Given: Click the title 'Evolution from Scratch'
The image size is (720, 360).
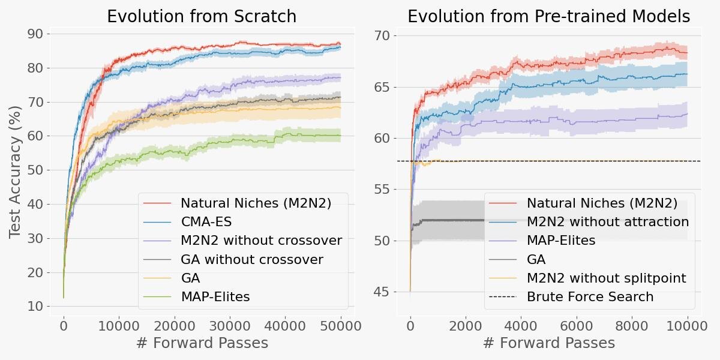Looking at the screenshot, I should pyautogui.click(x=202, y=16).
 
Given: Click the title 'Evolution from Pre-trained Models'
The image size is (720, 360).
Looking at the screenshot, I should pyautogui.click(x=548, y=16).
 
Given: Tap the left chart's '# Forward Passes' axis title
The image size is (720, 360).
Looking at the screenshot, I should pyautogui.click(x=202, y=343).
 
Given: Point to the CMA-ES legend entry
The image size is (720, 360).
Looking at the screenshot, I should pyautogui.click(x=203, y=222).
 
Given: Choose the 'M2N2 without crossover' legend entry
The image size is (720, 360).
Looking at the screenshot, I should pyautogui.click(x=261, y=241).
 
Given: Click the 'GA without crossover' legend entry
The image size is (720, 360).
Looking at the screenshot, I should pyautogui.click(x=251, y=260).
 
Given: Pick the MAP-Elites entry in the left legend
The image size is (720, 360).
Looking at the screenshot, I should pyautogui.click(x=215, y=296).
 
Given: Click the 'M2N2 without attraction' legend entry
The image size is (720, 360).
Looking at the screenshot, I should pyautogui.click(x=607, y=222).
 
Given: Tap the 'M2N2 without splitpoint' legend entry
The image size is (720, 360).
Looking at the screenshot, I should pyautogui.click(x=606, y=278).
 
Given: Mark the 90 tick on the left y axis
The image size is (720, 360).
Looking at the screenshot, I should pyautogui.click(x=35, y=34).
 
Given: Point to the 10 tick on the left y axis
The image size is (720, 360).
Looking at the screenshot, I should pyautogui.click(x=35, y=307).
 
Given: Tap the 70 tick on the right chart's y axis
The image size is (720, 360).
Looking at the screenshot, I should pyautogui.click(x=383, y=36).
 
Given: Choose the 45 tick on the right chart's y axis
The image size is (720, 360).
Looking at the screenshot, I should pyautogui.click(x=383, y=292).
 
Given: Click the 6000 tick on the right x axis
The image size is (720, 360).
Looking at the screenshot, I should pyautogui.click(x=577, y=326).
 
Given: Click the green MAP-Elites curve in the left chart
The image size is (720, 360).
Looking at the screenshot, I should pyautogui.click(x=240, y=142).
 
